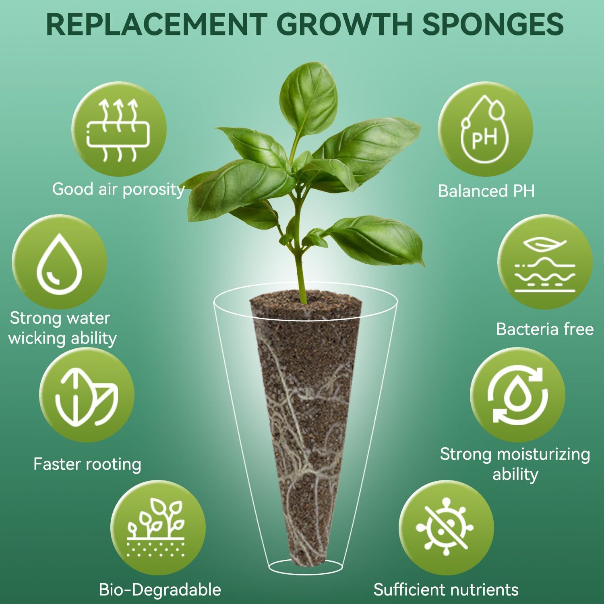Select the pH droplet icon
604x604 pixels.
(485, 129)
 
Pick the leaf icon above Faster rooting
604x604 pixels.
(87, 395)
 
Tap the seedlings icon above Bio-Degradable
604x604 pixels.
(158, 527)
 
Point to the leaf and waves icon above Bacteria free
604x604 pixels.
(545, 262)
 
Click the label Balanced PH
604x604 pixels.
(486, 191)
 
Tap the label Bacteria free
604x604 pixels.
(545, 329)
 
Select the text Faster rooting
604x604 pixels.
(87, 464)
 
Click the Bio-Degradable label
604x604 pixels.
(160, 590)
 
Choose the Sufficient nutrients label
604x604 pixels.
(446, 590)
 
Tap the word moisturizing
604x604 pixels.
(544, 454)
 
